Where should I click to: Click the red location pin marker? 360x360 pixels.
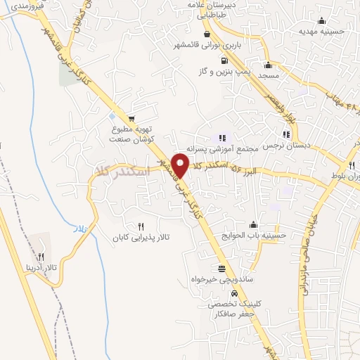coord(181,165)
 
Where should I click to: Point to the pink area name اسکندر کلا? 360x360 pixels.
coord(124,171)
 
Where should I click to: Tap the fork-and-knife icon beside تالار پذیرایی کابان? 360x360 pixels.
coord(141,226)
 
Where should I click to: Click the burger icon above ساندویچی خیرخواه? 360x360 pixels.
coord(222,269)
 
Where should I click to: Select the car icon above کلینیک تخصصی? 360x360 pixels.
coord(233,294)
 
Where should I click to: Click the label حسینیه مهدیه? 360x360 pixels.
coord(321,31)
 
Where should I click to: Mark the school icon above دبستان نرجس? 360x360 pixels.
coord(285,134)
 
